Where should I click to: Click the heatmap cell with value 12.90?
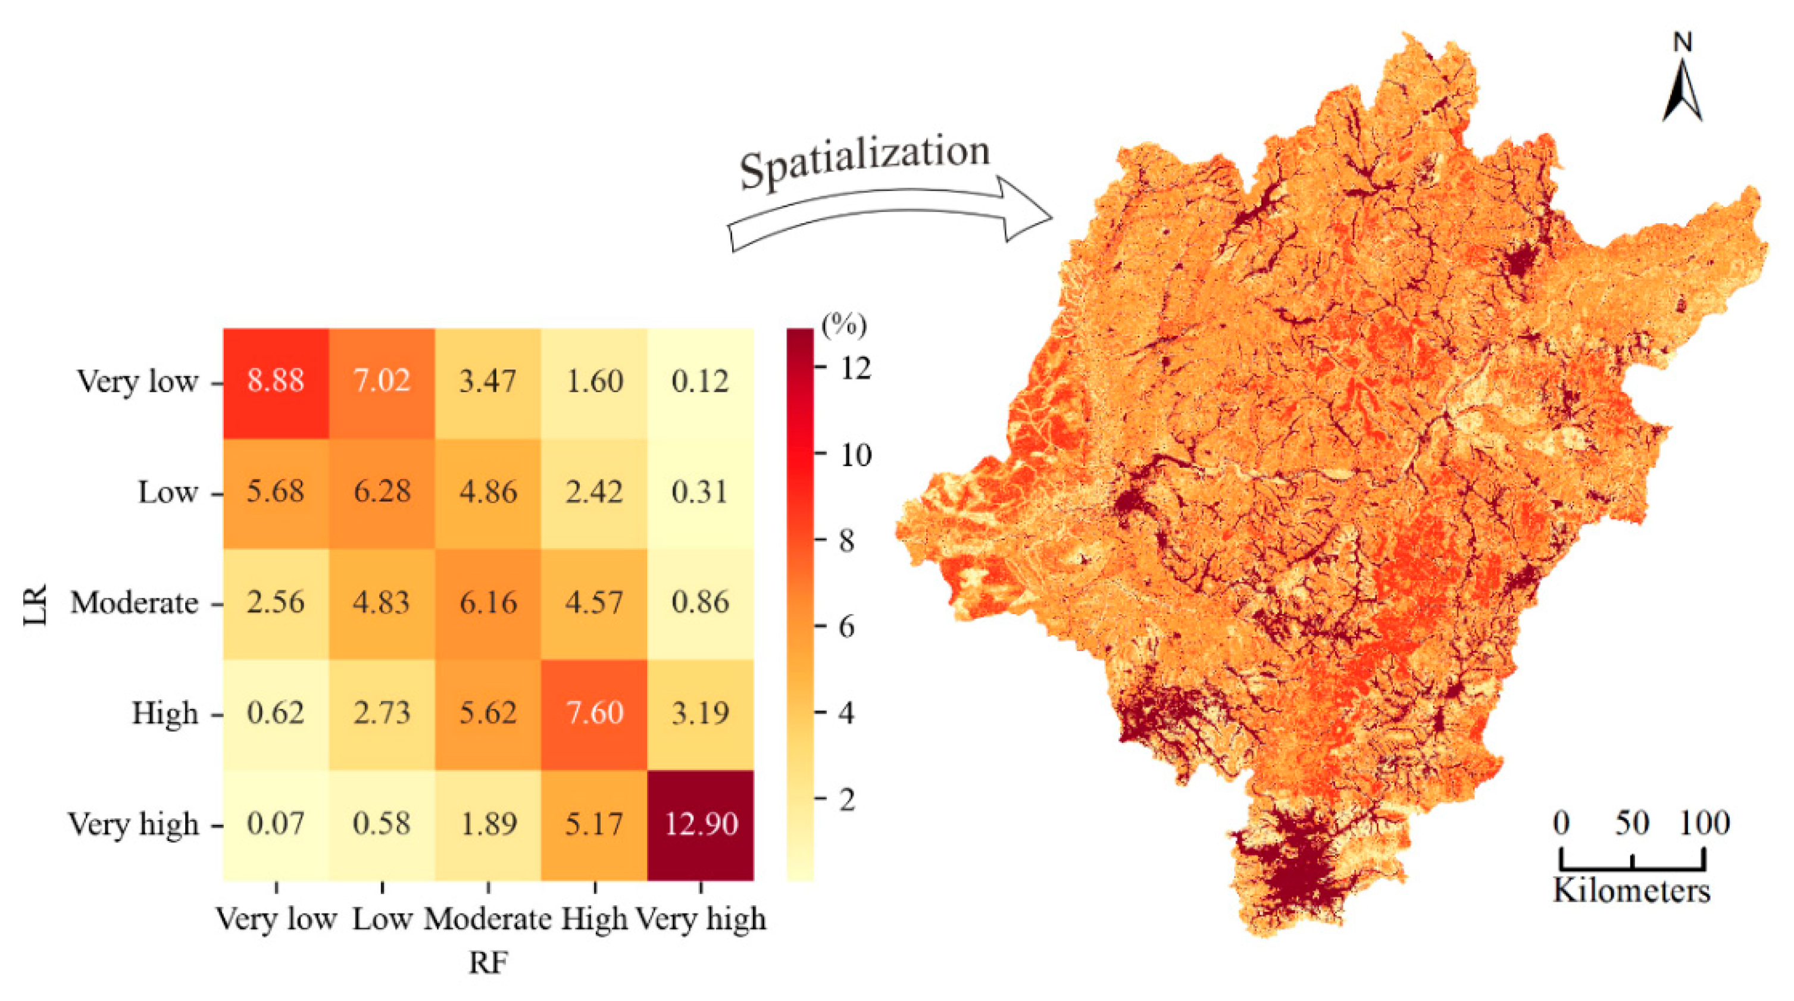(701, 824)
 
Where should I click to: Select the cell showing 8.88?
(276, 381)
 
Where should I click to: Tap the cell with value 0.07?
(276, 824)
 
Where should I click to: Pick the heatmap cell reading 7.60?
(594, 714)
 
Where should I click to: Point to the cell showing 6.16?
(488, 603)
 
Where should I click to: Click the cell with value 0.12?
(701, 381)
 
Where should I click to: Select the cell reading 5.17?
(594, 824)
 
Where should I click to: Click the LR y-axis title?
(35, 604)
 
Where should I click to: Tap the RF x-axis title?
(488, 963)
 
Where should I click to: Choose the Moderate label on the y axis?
(134, 603)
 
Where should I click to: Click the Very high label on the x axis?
(701, 919)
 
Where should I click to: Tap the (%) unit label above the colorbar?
(844, 325)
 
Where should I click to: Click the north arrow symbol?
(1683, 87)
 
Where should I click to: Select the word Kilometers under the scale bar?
(1632, 891)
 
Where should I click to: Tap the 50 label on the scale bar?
(1632, 824)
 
